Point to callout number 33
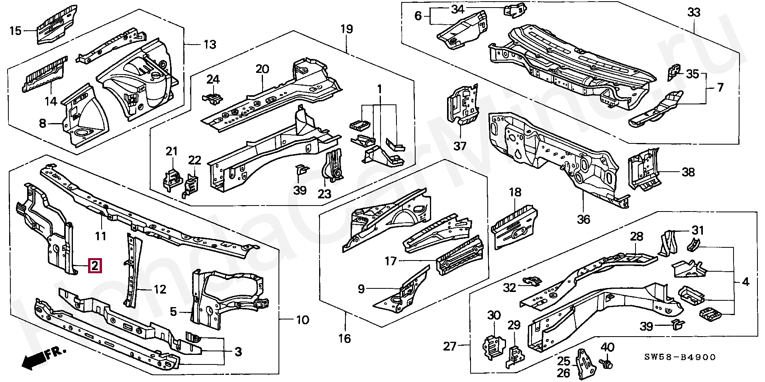pyautogui.click(x=693, y=13)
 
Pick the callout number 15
pyautogui.click(x=15, y=31)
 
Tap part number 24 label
pyautogui.click(x=213, y=79)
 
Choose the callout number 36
pyautogui.click(x=583, y=219)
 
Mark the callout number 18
pyautogui.click(x=515, y=192)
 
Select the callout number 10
pyautogui.click(x=303, y=320)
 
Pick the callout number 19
pyautogui.click(x=347, y=29)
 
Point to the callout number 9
pyautogui.click(x=361, y=288)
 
